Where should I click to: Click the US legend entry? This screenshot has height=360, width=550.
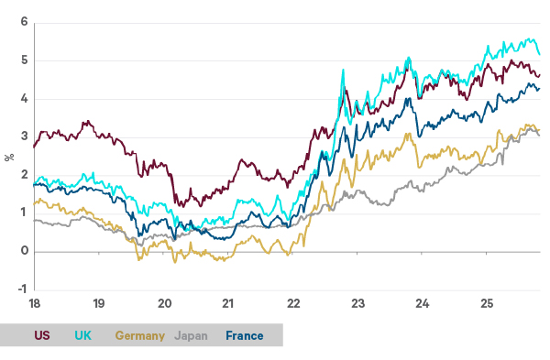[x=42, y=336]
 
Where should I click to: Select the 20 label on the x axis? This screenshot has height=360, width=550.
[x=165, y=302]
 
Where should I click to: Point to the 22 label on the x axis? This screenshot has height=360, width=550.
[x=294, y=302]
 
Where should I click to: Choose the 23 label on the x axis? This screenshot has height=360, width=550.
[x=358, y=302]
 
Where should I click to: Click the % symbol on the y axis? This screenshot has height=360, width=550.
[x=8, y=156]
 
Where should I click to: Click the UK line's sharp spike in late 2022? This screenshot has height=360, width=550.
[x=343, y=69]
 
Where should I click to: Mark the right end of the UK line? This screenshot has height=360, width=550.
[x=539, y=53]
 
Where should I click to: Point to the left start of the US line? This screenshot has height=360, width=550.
[x=34, y=147]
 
